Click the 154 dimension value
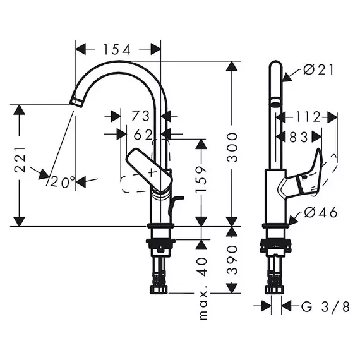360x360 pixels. tap(117, 50)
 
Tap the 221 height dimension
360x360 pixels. tap(20, 160)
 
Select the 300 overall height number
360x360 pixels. tap(232, 147)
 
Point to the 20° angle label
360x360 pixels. tap(63, 182)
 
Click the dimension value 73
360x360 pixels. tap(140, 116)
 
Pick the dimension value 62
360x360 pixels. tap(143, 135)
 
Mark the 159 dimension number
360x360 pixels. tap(201, 180)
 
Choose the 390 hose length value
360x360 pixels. tap(232, 260)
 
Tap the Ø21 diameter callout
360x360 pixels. tap(318, 69)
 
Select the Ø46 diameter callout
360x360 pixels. tap(321, 213)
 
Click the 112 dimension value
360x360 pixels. tap(307, 117)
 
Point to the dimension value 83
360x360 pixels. tap(299, 137)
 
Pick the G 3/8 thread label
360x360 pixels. tap(325, 306)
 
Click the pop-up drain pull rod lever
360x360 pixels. tap(175, 205)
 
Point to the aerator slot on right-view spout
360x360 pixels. tap(275, 101)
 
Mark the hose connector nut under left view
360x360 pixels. tap(159, 289)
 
